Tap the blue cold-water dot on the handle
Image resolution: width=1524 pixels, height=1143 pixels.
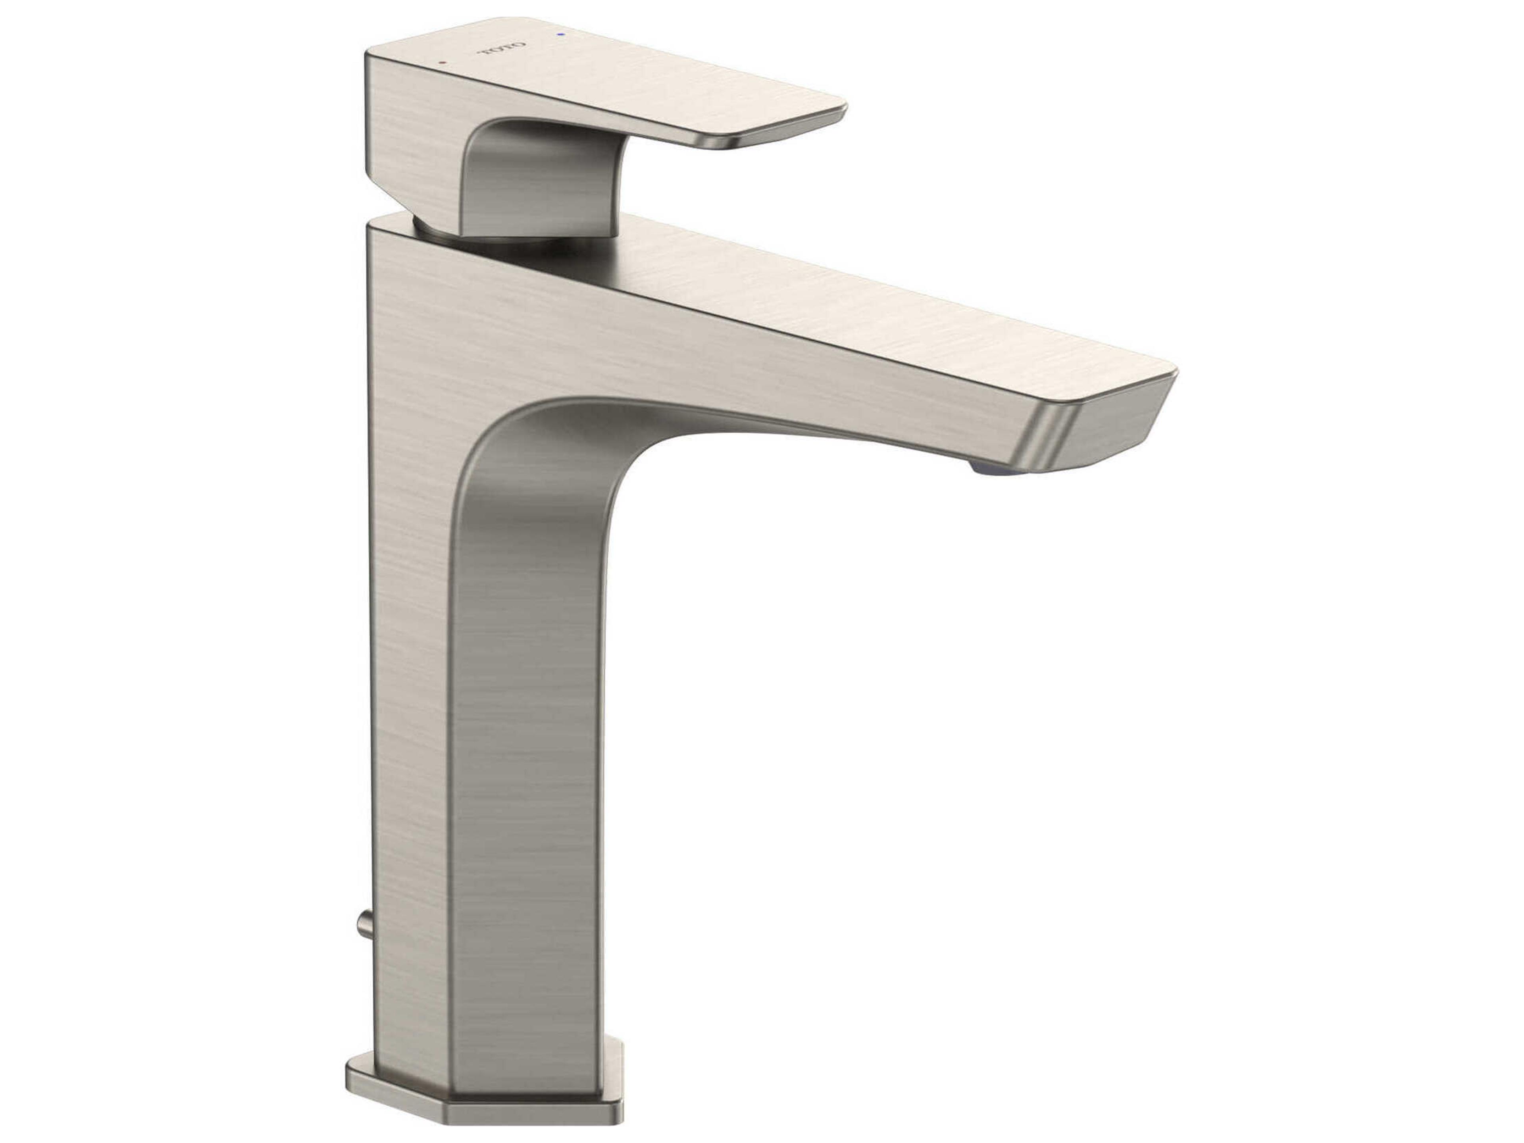562,33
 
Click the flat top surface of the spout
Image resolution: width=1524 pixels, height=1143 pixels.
827,303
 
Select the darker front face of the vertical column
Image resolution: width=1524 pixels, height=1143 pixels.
523,758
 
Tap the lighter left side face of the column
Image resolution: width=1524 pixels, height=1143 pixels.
406,689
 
